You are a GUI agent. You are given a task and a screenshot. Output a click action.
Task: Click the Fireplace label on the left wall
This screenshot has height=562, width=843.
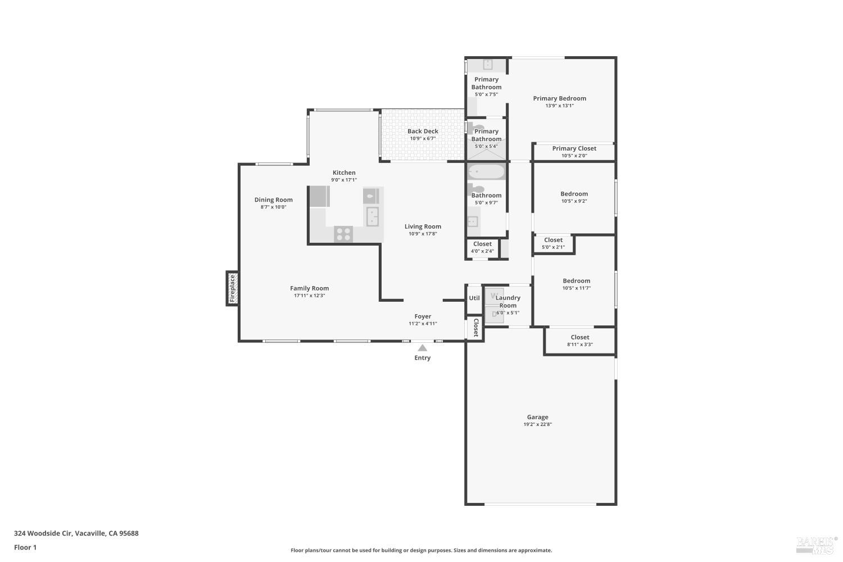pyautogui.click(x=232, y=288)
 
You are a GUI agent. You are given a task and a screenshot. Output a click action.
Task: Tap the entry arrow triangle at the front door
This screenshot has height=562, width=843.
pyautogui.click(x=422, y=348)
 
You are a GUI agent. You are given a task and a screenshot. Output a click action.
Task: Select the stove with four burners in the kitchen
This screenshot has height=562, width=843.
pyautogui.click(x=343, y=234)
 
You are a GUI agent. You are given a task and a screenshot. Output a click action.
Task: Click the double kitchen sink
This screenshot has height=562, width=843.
pyautogui.click(x=372, y=216)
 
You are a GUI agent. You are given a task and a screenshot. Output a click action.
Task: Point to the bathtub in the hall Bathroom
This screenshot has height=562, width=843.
pyautogui.click(x=487, y=171)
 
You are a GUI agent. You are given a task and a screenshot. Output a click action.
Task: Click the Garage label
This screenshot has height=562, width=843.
pyautogui.click(x=537, y=417)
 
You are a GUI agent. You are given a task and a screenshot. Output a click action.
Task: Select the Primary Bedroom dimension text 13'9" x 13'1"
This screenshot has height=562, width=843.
pyautogui.click(x=559, y=106)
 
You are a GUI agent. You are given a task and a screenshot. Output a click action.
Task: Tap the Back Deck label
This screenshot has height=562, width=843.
pyautogui.click(x=423, y=131)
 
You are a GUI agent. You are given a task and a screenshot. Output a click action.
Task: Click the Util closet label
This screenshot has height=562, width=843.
pyautogui.click(x=474, y=298)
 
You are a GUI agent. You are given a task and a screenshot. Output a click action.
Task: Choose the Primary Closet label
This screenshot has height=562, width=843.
pyautogui.click(x=574, y=148)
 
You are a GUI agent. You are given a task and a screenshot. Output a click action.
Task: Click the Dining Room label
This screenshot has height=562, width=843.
pyautogui.click(x=273, y=200)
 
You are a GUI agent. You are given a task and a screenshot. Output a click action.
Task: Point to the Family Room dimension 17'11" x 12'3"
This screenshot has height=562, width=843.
pyautogui.click(x=309, y=296)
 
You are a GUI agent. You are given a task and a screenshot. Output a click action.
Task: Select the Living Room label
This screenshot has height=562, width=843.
pyautogui.click(x=423, y=226)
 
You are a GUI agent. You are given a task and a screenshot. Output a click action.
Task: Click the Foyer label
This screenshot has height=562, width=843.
pyautogui.click(x=423, y=316)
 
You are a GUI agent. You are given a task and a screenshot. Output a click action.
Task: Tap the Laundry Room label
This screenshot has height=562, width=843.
pyautogui.click(x=507, y=302)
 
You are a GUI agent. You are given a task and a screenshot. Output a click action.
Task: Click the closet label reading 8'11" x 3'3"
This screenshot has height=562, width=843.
pyautogui.click(x=580, y=345)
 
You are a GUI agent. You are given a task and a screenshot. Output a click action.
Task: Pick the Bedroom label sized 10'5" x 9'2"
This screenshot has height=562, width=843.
pyautogui.click(x=574, y=194)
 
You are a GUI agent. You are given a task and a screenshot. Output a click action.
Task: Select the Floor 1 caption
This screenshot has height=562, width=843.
pyautogui.click(x=25, y=547)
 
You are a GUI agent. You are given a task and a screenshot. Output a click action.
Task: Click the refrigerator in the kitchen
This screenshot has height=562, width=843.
pyautogui.click(x=319, y=197)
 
